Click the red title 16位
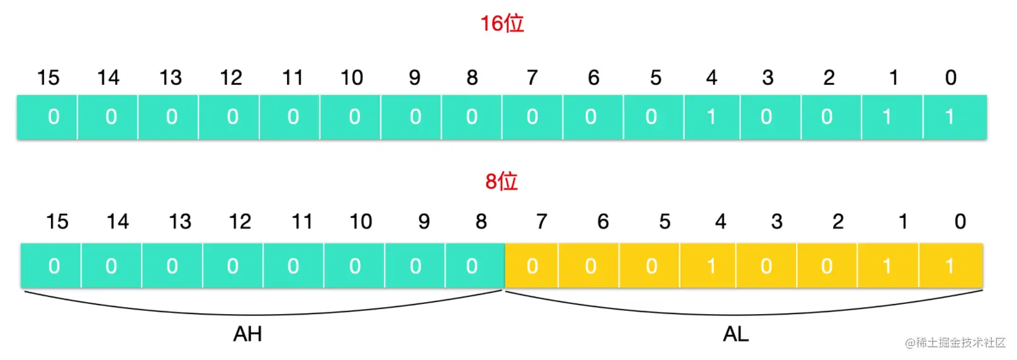coord(502,24)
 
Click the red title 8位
coord(502,181)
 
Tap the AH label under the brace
coord(247,334)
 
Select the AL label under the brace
coord(736,334)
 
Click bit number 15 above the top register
coord(48,77)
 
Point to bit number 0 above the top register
coord(951,77)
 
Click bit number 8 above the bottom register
coord(481,222)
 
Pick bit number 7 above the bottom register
coord(542,222)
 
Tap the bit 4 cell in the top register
coord(712,117)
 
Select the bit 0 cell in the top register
coord(955,117)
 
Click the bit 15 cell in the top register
coord(47,117)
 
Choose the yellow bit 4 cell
coord(708,266)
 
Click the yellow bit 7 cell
coord(532,266)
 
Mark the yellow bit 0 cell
coord(951,266)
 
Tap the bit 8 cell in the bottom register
coord(475,266)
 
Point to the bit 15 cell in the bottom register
coord(51,266)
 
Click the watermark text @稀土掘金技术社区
coord(955,342)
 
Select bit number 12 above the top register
coord(231,77)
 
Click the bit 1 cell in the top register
coord(892,117)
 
